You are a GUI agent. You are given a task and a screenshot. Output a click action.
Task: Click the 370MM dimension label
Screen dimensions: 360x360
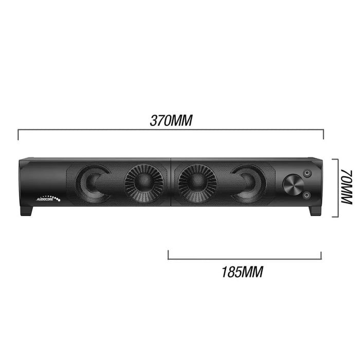click(171, 121)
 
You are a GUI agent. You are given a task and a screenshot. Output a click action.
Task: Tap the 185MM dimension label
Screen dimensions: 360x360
click(242, 272)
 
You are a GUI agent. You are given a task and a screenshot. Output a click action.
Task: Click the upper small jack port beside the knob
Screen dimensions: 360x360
click(307, 173)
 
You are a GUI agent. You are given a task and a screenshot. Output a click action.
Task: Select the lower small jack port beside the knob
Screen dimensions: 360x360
click(307, 195)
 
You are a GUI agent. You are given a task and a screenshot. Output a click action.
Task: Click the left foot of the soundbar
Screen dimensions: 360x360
click(28, 211)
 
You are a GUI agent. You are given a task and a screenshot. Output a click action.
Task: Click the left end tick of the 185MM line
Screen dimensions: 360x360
click(168, 255)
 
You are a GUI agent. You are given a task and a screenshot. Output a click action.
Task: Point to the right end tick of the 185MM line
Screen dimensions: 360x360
click(321, 255)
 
